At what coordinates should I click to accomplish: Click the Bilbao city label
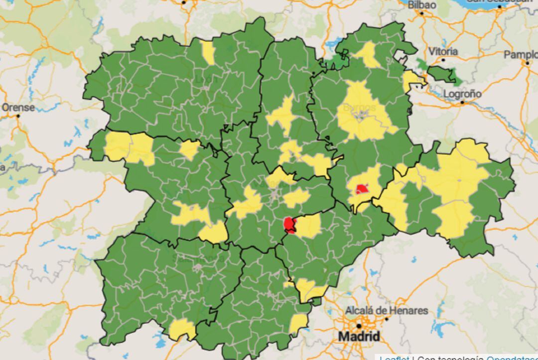point(422,5)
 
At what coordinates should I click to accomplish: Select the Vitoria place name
point(443,51)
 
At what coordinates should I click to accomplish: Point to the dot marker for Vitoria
point(443,60)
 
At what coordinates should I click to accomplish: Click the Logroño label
point(462,94)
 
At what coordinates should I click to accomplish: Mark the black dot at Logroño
point(462,103)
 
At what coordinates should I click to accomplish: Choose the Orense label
point(18,107)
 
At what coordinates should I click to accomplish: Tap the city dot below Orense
point(18,116)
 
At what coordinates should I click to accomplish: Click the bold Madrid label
point(359,337)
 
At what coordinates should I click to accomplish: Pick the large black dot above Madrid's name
point(359,326)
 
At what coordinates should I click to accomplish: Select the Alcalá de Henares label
point(387,310)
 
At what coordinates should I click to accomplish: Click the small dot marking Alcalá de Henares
point(386,319)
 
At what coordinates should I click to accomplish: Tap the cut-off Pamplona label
point(521,54)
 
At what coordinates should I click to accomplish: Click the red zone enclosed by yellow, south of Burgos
point(362,189)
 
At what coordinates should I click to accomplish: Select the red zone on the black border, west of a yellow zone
point(289,225)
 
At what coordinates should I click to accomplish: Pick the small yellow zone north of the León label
point(208,52)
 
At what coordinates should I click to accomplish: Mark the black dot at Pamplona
point(527,63)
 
